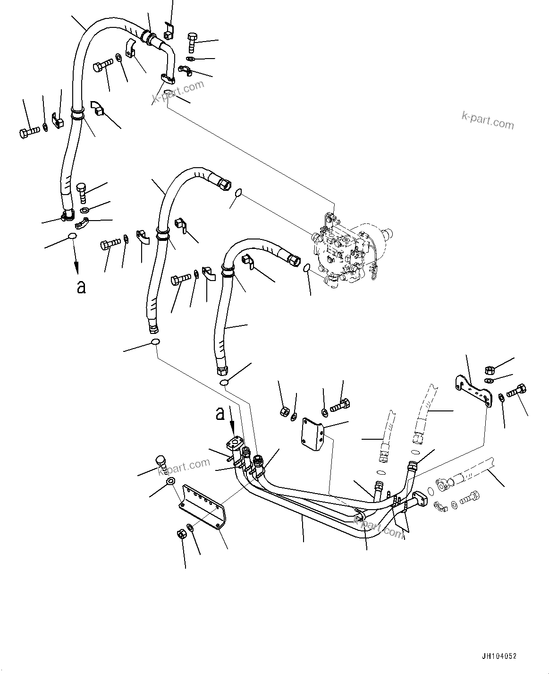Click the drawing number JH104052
point(499,656)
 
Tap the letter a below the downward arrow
point(81,286)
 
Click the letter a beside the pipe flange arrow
point(220,414)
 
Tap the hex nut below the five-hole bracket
point(180,535)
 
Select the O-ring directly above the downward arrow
point(71,236)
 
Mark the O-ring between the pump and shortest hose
point(307,268)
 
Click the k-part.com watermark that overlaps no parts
point(488,121)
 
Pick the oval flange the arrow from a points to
point(235,444)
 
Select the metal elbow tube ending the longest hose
point(167,59)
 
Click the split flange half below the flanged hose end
point(441,505)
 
